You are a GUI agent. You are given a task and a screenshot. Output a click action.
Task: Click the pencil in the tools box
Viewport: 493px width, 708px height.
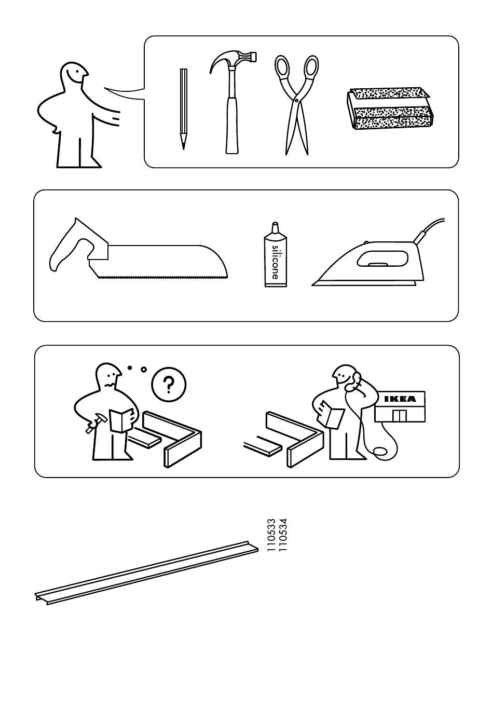(x=183, y=108)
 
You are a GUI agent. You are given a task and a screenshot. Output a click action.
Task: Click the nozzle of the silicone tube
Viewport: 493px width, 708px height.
(x=275, y=227)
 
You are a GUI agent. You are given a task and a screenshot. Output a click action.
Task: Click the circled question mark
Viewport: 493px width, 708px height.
(x=169, y=385)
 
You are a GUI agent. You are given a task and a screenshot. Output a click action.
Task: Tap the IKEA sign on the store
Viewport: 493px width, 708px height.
(x=400, y=399)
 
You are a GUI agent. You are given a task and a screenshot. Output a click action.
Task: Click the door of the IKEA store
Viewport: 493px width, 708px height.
(x=399, y=416)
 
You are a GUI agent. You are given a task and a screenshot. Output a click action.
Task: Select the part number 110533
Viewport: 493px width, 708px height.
(x=271, y=535)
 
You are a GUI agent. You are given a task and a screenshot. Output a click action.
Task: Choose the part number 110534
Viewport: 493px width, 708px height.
(x=283, y=535)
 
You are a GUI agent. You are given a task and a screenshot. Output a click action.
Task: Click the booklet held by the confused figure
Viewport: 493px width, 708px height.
(x=122, y=420)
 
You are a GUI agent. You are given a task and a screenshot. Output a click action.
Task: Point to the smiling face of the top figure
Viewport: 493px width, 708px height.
(x=76, y=74)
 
